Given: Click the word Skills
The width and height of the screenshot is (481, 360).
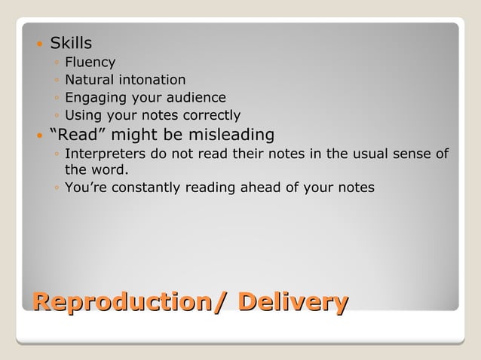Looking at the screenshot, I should point(71,44).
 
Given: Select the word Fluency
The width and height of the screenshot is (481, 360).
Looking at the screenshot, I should point(90,63).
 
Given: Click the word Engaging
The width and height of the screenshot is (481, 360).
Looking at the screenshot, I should point(93,98).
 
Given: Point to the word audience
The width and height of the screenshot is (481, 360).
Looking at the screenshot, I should point(199,97).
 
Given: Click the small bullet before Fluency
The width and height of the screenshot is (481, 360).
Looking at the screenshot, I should point(57,63).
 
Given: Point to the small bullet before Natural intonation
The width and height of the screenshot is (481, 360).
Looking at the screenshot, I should point(57,81).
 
